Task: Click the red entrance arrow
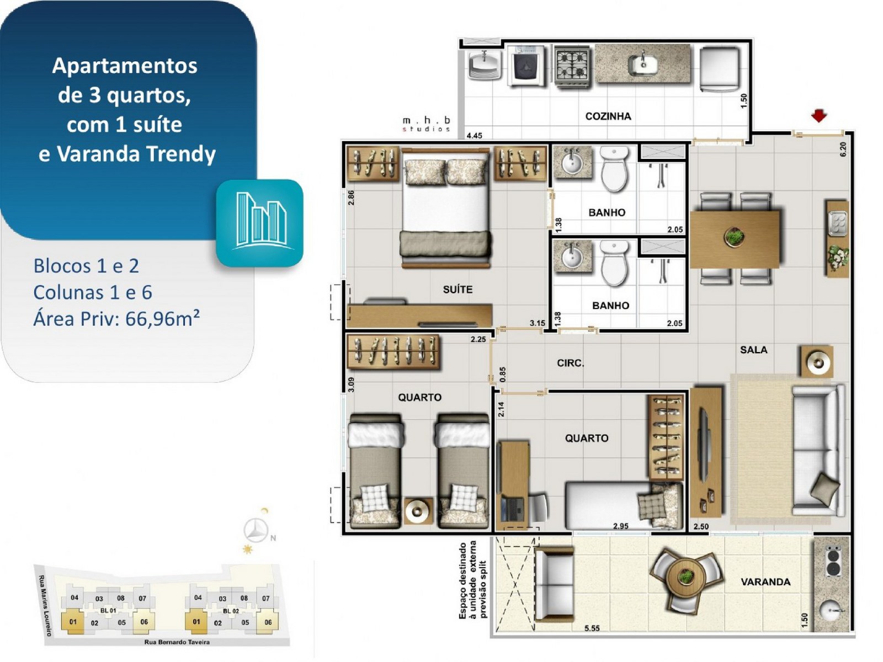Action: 818,116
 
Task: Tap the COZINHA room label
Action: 608,116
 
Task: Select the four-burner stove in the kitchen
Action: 572,66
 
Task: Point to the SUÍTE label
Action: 458,290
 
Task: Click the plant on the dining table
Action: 735,236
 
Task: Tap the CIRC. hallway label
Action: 571,364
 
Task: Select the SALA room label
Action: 753,350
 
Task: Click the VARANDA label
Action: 765,582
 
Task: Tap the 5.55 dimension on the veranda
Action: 592,628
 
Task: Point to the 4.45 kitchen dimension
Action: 474,136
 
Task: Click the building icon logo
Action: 259,223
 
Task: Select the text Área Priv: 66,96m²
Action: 116,319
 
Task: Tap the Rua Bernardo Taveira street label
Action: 177,642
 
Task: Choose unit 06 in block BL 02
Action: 268,622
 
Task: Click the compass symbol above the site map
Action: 256,530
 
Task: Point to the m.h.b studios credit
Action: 427,124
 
